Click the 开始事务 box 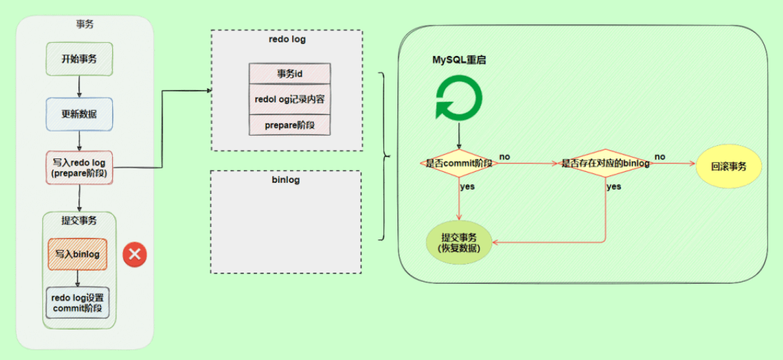coord(79,59)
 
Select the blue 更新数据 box coord(79,114)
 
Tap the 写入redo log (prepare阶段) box coord(79,168)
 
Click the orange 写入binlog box coord(78,254)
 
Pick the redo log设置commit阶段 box coord(78,303)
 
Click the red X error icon coord(134,255)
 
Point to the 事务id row coord(290,74)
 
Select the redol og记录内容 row coord(290,99)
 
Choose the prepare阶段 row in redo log coord(290,125)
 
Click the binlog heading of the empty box coord(286,180)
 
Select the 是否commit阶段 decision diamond coord(459,163)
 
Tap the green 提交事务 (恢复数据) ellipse coord(460,242)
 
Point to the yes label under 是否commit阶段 coord(467,186)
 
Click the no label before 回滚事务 coord(660,156)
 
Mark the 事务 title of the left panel coord(84,24)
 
